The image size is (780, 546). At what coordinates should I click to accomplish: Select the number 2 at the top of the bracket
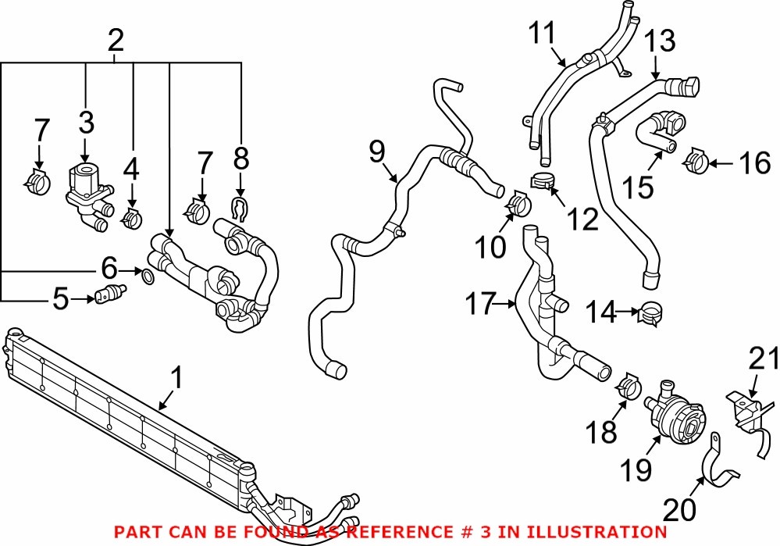tap(116, 41)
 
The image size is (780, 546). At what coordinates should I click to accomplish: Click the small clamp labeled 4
tap(132, 217)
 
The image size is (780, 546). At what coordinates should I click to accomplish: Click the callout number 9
tap(377, 151)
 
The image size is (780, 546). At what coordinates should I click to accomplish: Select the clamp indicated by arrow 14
tap(648, 315)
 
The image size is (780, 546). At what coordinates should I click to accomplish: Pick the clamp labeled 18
tap(629, 386)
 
